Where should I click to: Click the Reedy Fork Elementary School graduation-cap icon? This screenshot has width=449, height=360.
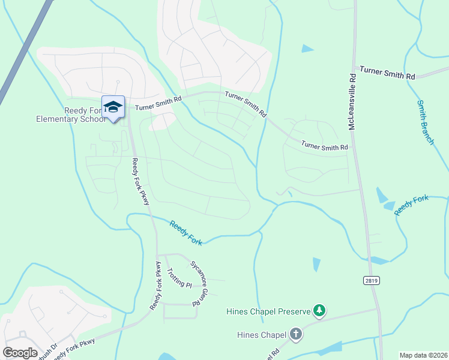coord(113,107)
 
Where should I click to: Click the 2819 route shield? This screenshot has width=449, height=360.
coord(372,280)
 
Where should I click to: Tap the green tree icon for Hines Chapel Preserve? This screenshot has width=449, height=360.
coord(321,310)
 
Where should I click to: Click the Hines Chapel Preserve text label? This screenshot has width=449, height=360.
coord(268,311)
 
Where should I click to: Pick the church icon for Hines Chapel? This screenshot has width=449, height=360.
coord(295,334)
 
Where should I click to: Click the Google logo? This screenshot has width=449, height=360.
coord(20,353)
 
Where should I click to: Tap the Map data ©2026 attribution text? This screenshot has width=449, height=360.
coord(423,355)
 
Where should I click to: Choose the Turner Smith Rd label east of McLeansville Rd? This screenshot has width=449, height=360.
coord(393,74)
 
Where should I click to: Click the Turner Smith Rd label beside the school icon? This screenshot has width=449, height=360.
coord(158,103)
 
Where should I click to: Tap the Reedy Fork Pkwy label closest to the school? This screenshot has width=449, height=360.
coord(140,181)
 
